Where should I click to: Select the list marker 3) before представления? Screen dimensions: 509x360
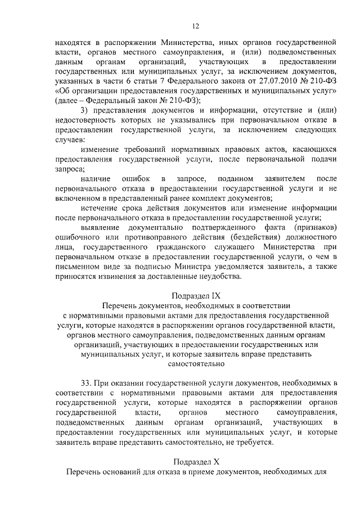86,110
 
